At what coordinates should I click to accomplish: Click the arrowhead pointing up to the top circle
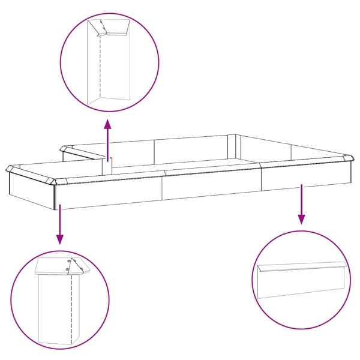tap(108, 124)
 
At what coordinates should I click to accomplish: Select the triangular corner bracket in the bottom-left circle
tap(76, 267)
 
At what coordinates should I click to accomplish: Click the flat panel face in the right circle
tap(300, 285)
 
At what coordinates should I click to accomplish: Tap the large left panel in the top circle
tap(94, 66)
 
